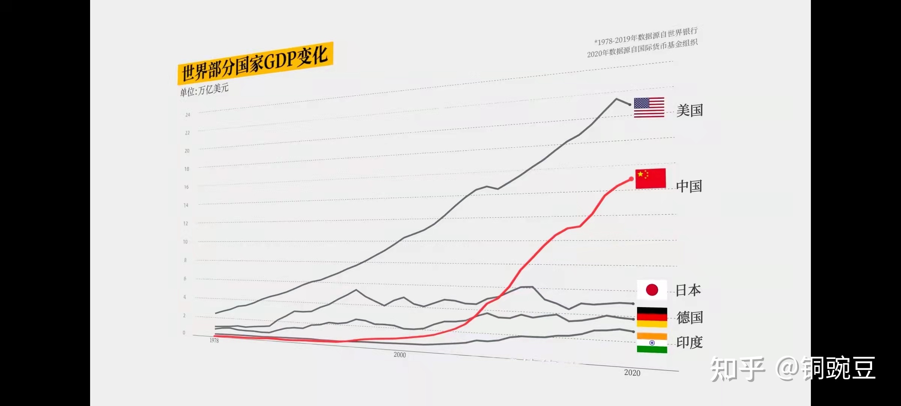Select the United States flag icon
(x=649, y=107)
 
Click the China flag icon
(x=650, y=178)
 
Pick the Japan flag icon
(x=652, y=290)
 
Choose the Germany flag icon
(x=652, y=317)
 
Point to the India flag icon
(x=652, y=343)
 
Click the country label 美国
(x=689, y=111)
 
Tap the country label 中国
(x=689, y=186)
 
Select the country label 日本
(x=688, y=290)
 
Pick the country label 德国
(x=689, y=318)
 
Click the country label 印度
(x=689, y=342)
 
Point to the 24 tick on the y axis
(x=188, y=115)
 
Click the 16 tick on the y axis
(x=186, y=187)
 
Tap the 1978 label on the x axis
(x=214, y=340)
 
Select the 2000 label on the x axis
(x=399, y=354)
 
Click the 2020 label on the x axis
(x=632, y=373)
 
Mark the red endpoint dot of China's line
(x=631, y=179)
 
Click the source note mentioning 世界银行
(x=646, y=36)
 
